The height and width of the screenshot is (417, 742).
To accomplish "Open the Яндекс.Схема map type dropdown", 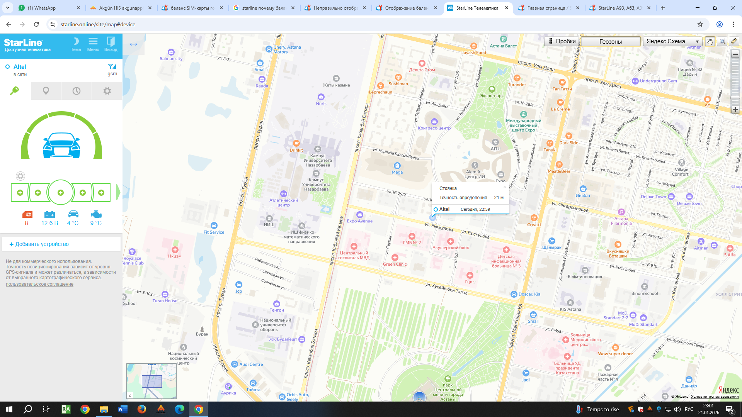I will [672, 41].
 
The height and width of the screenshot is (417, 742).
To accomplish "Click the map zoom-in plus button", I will [735, 110].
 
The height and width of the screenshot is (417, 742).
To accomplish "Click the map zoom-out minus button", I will [735, 54].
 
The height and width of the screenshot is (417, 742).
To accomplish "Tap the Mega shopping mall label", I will [397, 172].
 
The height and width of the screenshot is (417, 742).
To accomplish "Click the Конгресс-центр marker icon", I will [434, 122].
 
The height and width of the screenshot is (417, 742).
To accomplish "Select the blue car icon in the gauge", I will [61, 146].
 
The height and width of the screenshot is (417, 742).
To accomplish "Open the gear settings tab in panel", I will [107, 91].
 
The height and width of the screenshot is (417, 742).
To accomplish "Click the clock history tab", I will [77, 91].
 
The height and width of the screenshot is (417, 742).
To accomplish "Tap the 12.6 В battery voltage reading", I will [49, 223].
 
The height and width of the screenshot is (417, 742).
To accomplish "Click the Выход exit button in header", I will [111, 44].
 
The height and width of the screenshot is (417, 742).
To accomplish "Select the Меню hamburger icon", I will [93, 44].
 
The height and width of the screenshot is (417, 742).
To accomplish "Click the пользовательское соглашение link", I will [39, 284].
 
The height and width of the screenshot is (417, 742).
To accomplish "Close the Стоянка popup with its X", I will [504, 187].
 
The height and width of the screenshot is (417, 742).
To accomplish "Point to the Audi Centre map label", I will [251, 364].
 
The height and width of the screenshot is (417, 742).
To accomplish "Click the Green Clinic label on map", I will [395, 264].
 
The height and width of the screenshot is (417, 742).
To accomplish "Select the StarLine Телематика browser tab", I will [477, 8].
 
